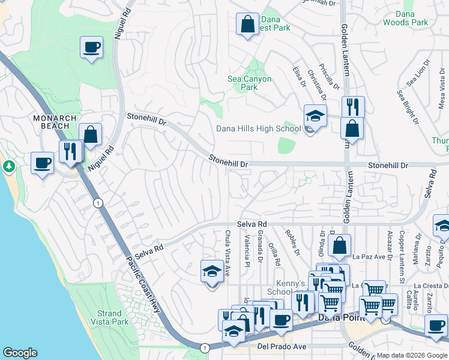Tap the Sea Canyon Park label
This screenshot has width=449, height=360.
[x=249, y=83]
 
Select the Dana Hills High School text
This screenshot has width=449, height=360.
[x=258, y=128]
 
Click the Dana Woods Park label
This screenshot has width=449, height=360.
[x=406, y=18]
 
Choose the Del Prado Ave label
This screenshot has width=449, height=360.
[x=282, y=346]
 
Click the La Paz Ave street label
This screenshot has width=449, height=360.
[x=367, y=257]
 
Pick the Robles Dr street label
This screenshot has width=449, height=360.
[x=293, y=242]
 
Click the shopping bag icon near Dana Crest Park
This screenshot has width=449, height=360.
[x=247, y=25]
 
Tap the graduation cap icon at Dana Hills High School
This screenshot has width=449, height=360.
[x=315, y=115]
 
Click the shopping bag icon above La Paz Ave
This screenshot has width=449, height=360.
[x=339, y=245]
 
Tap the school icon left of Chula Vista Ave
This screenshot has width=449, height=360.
[x=211, y=271]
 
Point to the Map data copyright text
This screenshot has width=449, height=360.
[x=412, y=355]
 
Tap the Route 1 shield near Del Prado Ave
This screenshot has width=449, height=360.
[x=205, y=347]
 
